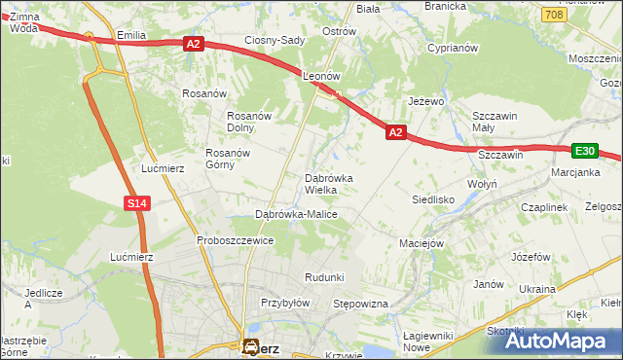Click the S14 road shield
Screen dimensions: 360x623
tap(136, 203)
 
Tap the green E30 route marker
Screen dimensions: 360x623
tap(583, 151)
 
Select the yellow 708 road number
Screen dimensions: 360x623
tap(554, 15)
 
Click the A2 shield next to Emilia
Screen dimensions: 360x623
tap(193, 43)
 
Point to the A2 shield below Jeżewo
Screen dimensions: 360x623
tap(395, 131)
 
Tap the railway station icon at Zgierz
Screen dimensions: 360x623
tap(250, 345)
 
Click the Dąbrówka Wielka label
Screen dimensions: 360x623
tap(336, 184)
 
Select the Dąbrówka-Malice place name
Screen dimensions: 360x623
tap(296, 214)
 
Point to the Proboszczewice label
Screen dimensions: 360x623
tap(235, 240)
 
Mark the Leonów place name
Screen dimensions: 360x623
tap(320, 75)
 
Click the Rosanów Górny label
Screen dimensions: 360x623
tap(228, 159)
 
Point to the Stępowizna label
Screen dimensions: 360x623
tap(361, 305)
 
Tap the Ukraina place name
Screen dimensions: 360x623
tap(536, 289)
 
